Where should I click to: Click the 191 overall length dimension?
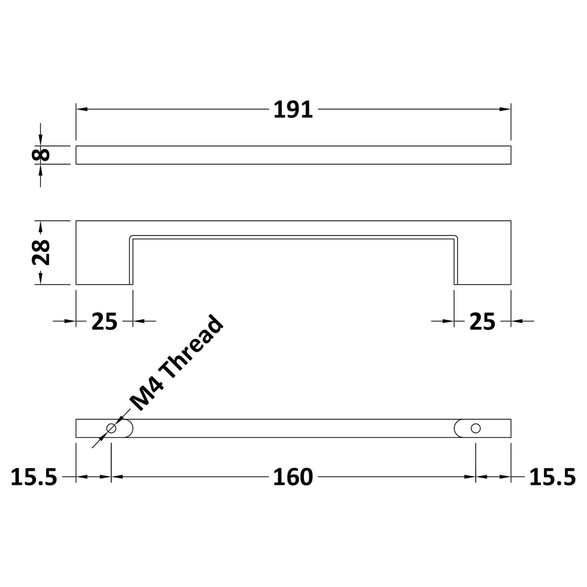coord(293,110)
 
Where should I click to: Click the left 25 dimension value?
coord(104,322)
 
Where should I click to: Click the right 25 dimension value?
coord(482,322)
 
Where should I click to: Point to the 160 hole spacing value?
coord(293,477)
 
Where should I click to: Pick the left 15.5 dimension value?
coord(34,477)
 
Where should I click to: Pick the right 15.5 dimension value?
coord(552,477)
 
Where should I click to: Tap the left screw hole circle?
coord(111,428)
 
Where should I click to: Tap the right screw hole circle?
coord(475,428)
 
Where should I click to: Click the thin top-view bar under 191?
coord(293,154)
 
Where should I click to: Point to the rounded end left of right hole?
coord(457,428)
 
